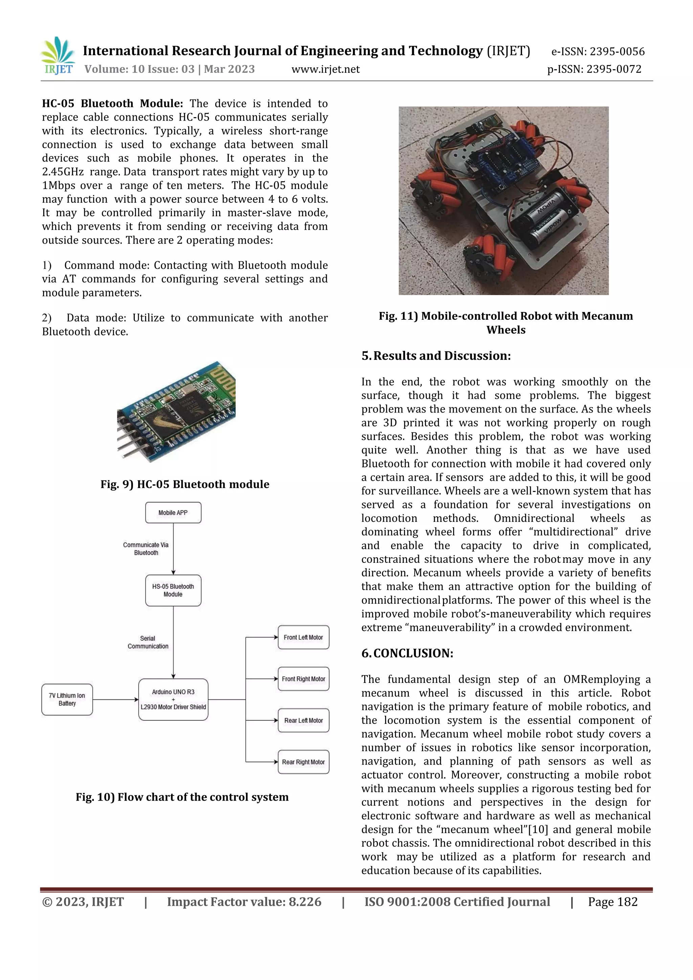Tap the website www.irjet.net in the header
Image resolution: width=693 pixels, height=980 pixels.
coord(325,69)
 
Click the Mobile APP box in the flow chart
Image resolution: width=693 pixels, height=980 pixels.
coord(173,513)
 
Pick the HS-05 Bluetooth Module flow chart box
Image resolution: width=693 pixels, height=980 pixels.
coord(173,590)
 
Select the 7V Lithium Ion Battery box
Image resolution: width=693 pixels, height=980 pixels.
coord(67,699)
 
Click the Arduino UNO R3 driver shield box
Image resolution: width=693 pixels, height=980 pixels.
coord(173,699)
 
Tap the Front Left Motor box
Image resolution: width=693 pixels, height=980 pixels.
coord(304,637)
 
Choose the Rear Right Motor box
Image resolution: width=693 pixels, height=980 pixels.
coord(304,762)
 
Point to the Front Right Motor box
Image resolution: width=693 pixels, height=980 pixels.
coord(304,679)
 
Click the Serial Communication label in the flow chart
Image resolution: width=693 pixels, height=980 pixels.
coord(148,642)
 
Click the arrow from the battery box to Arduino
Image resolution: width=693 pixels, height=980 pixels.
coord(115,699)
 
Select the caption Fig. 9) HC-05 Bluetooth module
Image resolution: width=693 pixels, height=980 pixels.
coord(185,484)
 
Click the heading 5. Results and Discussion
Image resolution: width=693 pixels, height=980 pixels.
coord(436,356)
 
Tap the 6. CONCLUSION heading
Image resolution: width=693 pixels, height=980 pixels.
coord(407,653)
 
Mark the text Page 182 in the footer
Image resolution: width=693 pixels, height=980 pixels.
coord(612,901)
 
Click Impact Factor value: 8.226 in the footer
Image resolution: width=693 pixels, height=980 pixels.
coord(244,901)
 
